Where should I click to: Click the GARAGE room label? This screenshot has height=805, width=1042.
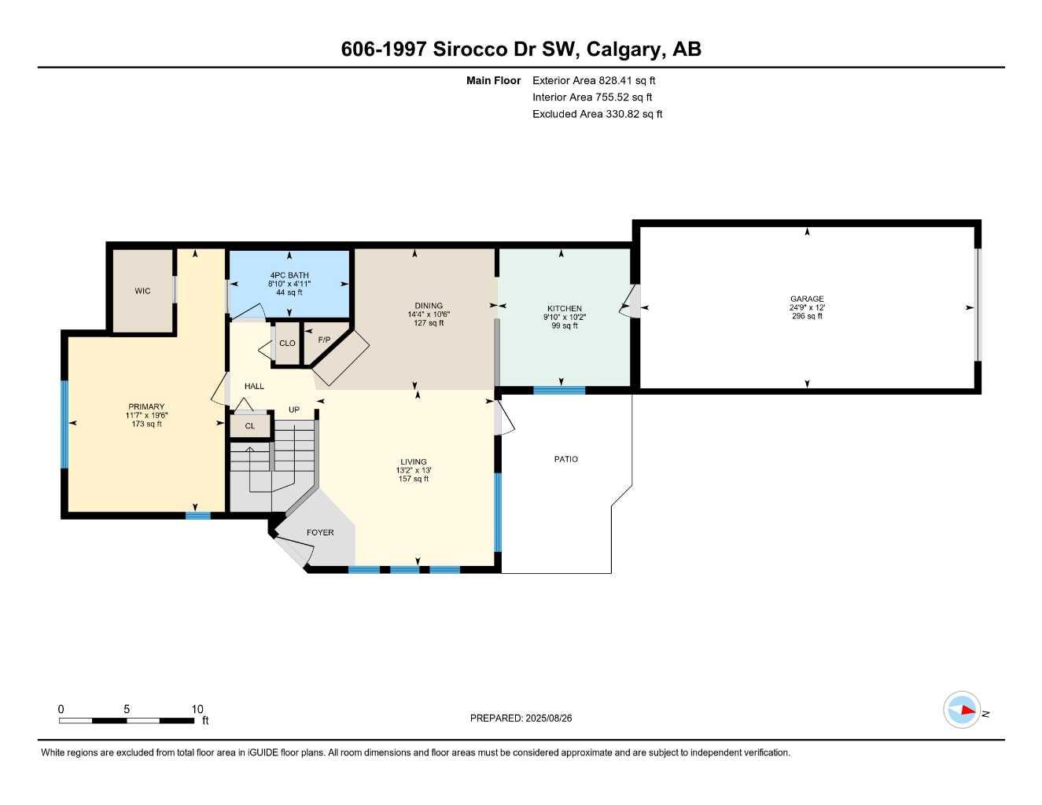(x=807, y=299)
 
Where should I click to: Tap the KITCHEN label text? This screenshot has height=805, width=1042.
(x=565, y=309)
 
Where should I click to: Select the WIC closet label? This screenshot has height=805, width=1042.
(x=142, y=291)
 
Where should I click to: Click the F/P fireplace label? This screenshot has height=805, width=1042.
(x=324, y=340)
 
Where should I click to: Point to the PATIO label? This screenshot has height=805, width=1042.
(x=565, y=459)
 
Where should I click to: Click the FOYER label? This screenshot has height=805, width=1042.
(x=320, y=532)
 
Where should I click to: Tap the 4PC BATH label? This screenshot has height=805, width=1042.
(x=289, y=275)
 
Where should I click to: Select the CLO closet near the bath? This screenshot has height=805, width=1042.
(x=287, y=343)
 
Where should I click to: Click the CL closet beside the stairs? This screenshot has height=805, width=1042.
(x=250, y=426)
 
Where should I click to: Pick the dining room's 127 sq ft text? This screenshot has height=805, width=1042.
(x=429, y=323)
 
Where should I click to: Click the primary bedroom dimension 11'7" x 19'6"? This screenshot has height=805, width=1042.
(x=147, y=415)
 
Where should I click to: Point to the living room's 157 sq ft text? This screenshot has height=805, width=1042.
(x=414, y=479)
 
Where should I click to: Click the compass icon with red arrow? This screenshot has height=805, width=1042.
(x=962, y=711)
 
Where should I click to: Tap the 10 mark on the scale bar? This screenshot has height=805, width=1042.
(x=197, y=709)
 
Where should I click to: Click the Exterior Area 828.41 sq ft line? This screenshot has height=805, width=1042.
(x=594, y=80)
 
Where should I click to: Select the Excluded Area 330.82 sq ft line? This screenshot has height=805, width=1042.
(x=597, y=114)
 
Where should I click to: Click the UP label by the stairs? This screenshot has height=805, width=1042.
(x=294, y=410)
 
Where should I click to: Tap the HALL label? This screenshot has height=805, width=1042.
(x=254, y=386)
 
